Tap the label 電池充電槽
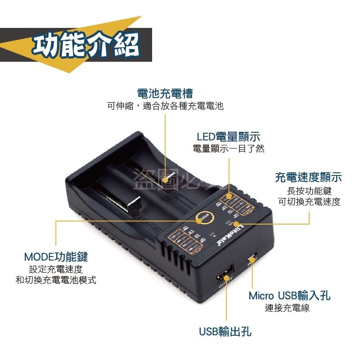[165, 93]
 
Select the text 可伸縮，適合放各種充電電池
[165, 106]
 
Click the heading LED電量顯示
[229, 137]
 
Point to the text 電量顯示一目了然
[229, 148]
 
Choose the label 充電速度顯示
[308, 177]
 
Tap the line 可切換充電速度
[309, 202]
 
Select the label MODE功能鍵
[56, 257]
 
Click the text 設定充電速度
[56, 270]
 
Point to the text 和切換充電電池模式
[56, 280]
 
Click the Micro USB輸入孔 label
[289, 296]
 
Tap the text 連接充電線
[287, 308]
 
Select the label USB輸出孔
[225, 332]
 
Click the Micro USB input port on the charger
[252, 260]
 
